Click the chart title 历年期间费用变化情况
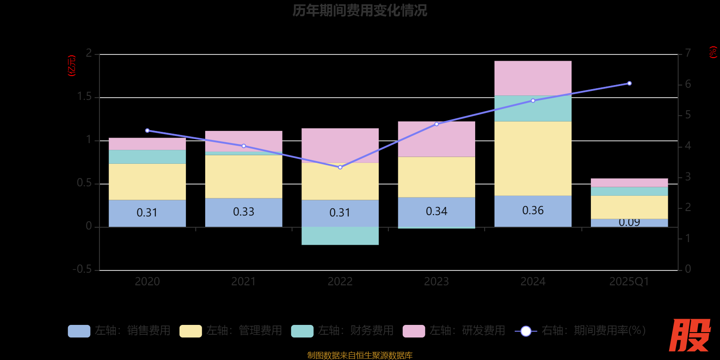point(360,10)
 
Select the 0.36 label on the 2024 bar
point(533,211)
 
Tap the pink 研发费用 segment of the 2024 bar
point(533,78)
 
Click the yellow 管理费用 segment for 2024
point(533,158)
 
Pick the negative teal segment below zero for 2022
point(340,236)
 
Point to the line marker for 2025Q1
point(629,83)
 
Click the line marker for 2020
point(147,130)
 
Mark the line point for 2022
point(340,167)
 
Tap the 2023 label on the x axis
point(436,282)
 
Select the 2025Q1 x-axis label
point(629,282)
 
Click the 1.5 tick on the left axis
point(84,97)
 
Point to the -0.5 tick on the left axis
point(82,269)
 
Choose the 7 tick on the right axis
point(688,53)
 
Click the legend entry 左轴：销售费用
point(119,331)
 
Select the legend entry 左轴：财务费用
point(342,331)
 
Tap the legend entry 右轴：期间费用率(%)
point(580,331)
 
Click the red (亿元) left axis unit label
point(72,66)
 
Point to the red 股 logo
point(689,335)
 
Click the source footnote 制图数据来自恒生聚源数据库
point(360,355)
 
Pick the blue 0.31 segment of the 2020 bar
point(147,213)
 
